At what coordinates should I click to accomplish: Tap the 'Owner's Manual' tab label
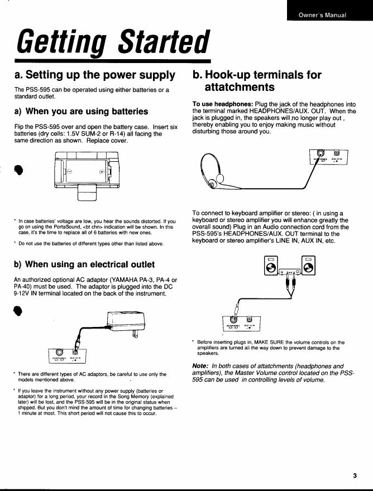pos(322,15)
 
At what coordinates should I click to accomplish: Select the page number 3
pos(355,475)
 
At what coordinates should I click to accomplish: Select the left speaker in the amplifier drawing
pos(269,266)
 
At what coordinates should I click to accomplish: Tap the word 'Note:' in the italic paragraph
pos(201,365)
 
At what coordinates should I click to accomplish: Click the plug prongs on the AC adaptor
pos(135,334)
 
